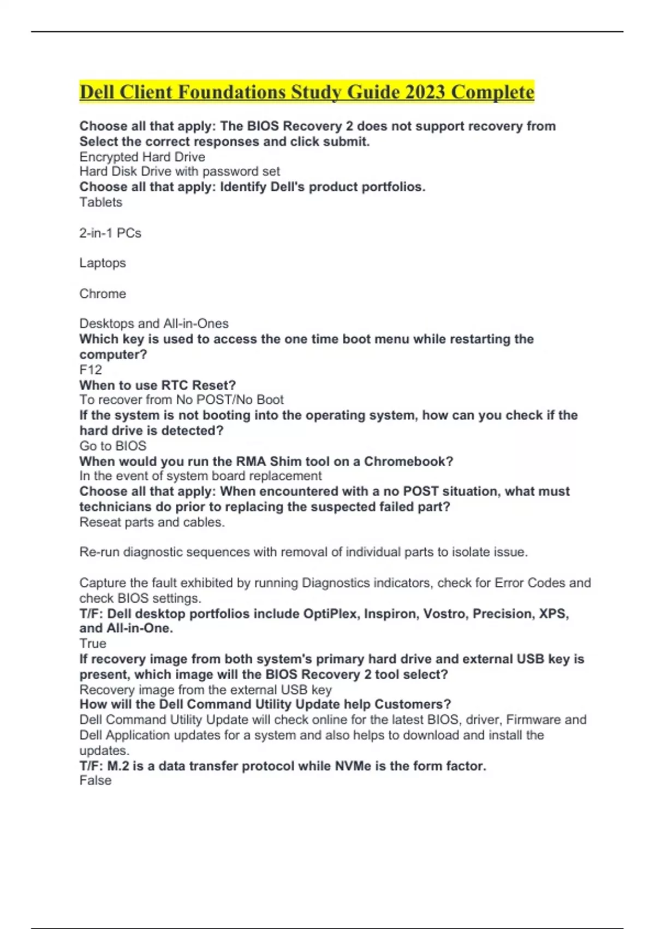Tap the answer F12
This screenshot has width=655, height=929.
pos(91,369)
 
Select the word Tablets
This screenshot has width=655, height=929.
pos(101,202)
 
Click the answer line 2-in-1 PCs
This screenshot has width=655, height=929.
pos(110,233)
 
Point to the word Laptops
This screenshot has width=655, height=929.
pos(103,263)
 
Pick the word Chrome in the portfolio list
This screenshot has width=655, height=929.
pos(103,293)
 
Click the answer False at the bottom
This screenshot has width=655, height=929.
pos(96,780)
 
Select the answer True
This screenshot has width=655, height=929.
pos(93,643)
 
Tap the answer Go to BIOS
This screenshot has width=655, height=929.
pos(113,446)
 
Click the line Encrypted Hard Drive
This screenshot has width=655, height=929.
pos(142,157)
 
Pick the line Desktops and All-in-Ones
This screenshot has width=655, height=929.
pos(154,324)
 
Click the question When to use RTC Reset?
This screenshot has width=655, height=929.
pos(158,385)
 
